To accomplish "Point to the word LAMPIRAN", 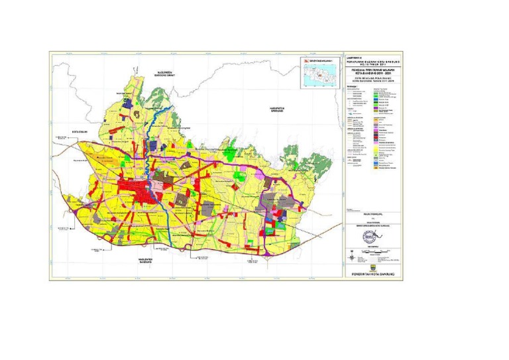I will tap(355, 56).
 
